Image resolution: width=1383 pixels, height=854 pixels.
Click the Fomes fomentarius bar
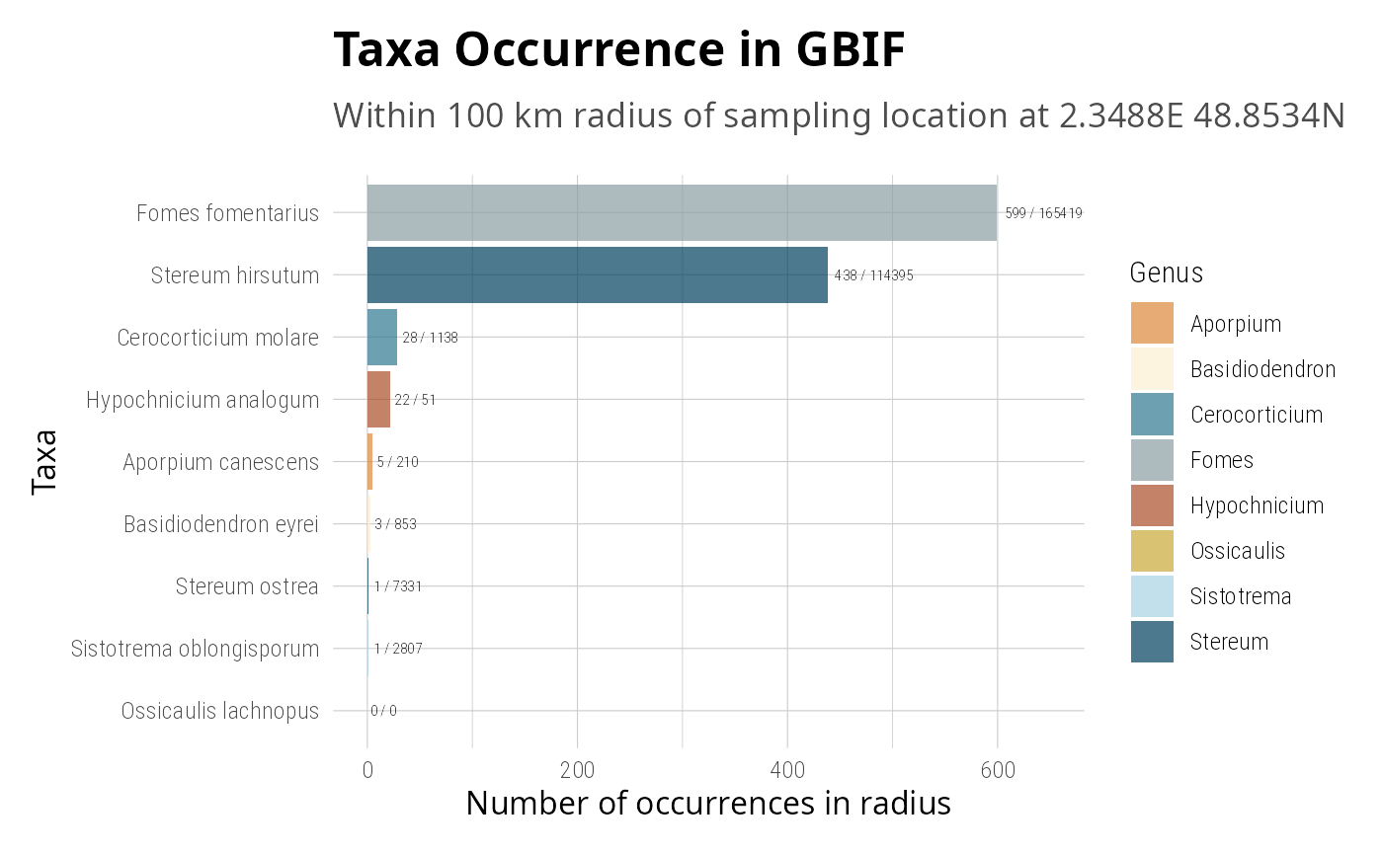click(x=682, y=212)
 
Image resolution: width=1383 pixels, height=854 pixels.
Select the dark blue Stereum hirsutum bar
click(x=597, y=274)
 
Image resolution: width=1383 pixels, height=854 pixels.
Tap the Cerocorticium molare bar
click(x=381, y=337)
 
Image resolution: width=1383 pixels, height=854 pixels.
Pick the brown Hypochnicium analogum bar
click(x=378, y=399)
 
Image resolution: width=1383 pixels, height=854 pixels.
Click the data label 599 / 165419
click(x=1043, y=213)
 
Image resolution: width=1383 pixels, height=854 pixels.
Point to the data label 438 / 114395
click(x=873, y=275)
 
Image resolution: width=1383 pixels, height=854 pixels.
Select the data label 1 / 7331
click(x=398, y=586)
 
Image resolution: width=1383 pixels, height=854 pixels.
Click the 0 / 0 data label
click(x=383, y=711)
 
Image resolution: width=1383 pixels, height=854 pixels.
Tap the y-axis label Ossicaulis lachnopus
click(x=219, y=711)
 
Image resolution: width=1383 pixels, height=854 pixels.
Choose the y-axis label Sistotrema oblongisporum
click(x=195, y=649)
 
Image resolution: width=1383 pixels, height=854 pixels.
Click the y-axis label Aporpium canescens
click(x=220, y=462)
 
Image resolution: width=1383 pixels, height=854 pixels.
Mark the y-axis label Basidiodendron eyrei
click(x=220, y=524)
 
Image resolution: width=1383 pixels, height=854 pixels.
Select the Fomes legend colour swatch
click(x=1152, y=460)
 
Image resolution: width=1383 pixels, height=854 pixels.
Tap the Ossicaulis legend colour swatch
click(x=1152, y=551)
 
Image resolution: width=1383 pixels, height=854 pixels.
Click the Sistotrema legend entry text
click(x=1240, y=596)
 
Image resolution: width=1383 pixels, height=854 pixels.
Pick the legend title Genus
click(x=1166, y=272)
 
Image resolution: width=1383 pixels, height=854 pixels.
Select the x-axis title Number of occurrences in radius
click(x=707, y=804)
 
